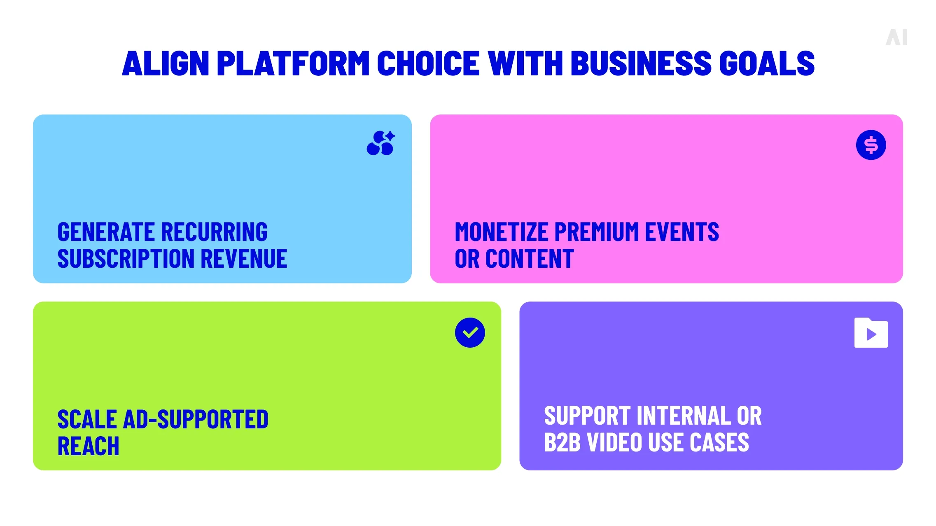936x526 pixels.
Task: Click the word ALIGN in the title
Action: [x=166, y=63]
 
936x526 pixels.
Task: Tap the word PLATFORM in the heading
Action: [x=293, y=63]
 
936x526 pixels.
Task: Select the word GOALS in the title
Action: [x=767, y=63]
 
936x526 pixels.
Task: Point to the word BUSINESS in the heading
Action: [x=641, y=63]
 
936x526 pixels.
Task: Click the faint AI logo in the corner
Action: [x=896, y=37]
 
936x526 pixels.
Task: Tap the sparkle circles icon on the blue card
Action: [x=381, y=143]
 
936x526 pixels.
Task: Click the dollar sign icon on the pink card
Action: [x=871, y=145]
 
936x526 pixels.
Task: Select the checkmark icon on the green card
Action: [x=470, y=332]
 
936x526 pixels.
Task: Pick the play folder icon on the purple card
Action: [x=871, y=333]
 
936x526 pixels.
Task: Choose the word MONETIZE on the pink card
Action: [x=502, y=231]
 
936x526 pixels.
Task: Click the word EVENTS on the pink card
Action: [x=682, y=231]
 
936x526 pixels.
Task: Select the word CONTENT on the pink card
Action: [x=530, y=259]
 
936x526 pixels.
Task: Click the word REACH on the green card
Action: [x=89, y=446]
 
